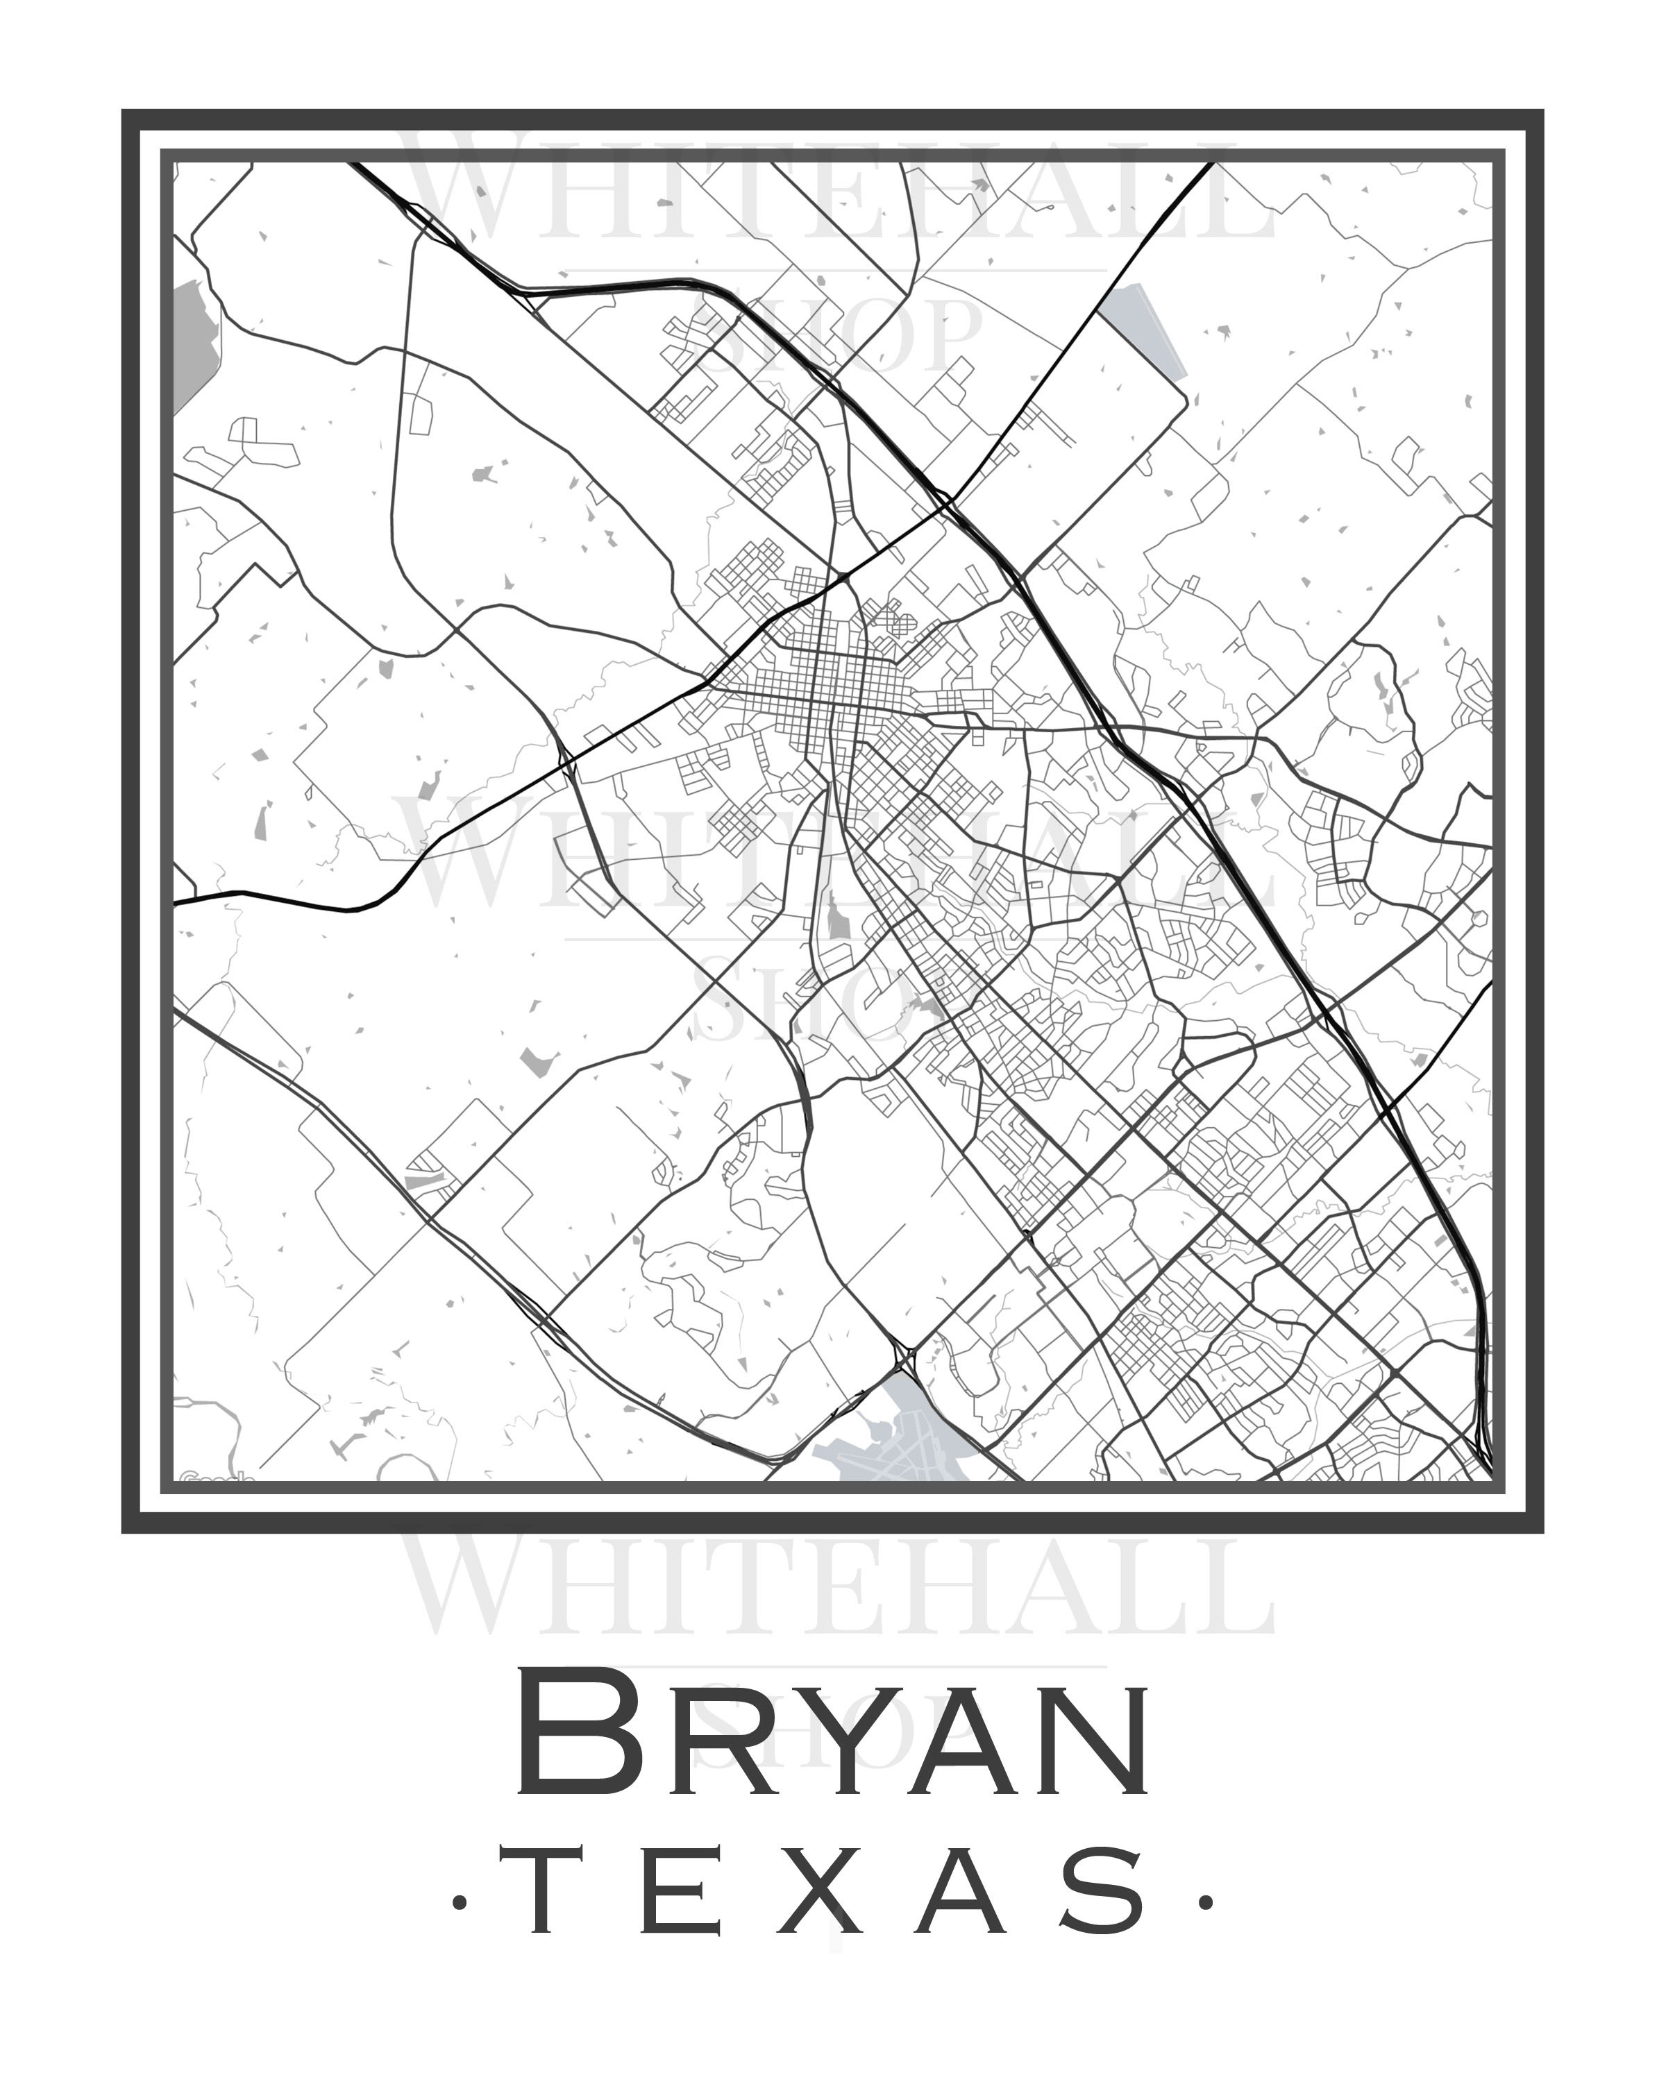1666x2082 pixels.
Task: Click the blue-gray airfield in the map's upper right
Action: pyautogui.click(x=1145, y=333)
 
